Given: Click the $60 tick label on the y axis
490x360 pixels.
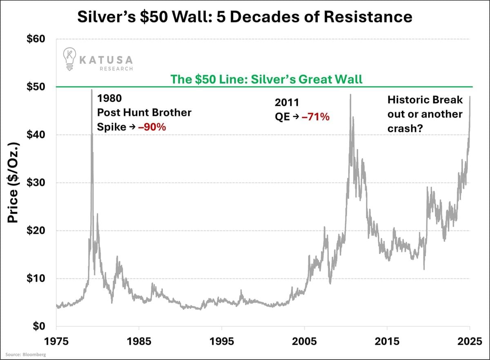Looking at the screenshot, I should (38, 40).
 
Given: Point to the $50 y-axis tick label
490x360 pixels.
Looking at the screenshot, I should (38, 87).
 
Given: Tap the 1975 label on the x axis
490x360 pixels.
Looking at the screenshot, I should (56, 340).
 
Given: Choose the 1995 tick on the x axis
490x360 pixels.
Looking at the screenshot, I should (221, 340).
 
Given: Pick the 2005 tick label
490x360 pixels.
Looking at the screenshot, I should (304, 340).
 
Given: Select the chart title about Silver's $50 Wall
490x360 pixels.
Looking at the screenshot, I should (245, 17).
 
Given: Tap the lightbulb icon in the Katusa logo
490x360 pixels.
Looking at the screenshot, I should (69, 58).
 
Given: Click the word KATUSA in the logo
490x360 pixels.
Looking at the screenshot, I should (106, 60).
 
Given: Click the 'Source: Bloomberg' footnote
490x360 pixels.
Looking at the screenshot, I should (25, 354).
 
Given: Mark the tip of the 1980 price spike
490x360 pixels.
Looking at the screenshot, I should (91, 89).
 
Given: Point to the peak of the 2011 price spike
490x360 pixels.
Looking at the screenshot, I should (350, 95).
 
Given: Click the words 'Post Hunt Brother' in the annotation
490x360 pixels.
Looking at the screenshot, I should (144, 113).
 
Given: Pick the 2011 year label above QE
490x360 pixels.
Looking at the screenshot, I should (287, 103).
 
